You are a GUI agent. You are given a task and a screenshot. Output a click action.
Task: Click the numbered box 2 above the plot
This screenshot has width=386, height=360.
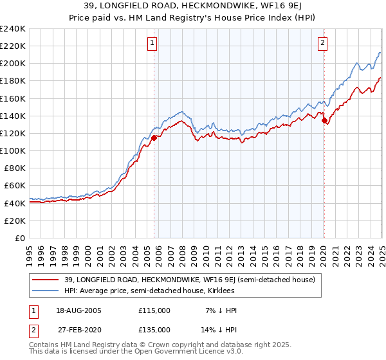(x=322, y=43)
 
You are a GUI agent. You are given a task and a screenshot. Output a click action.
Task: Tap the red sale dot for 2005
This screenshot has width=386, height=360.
(x=154, y=138)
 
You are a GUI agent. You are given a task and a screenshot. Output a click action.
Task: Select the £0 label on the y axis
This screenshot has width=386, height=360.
(x=19, y=238)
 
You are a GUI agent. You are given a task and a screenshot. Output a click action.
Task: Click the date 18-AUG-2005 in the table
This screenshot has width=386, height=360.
(x=78, y=310)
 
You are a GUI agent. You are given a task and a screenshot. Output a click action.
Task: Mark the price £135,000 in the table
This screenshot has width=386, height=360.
(x=154, y=329)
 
